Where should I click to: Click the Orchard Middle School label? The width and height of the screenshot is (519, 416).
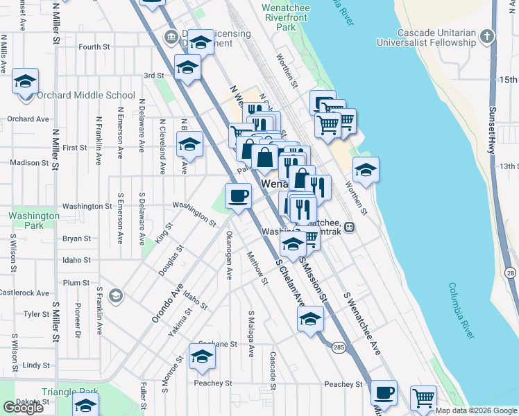(x=86, y=95)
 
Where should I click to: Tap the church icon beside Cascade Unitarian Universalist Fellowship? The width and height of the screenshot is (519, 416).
(x=488, y=35)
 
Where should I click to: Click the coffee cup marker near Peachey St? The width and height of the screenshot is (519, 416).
(x=383, y=392)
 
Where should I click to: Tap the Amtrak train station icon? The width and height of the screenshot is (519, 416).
(x=350, y=226)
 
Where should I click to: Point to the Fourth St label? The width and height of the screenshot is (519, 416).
(x=94, y=47)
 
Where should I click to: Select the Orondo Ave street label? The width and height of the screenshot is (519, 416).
(x=167, y=302)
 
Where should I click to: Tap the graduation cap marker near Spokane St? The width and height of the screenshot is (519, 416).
(x=202, y=356)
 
